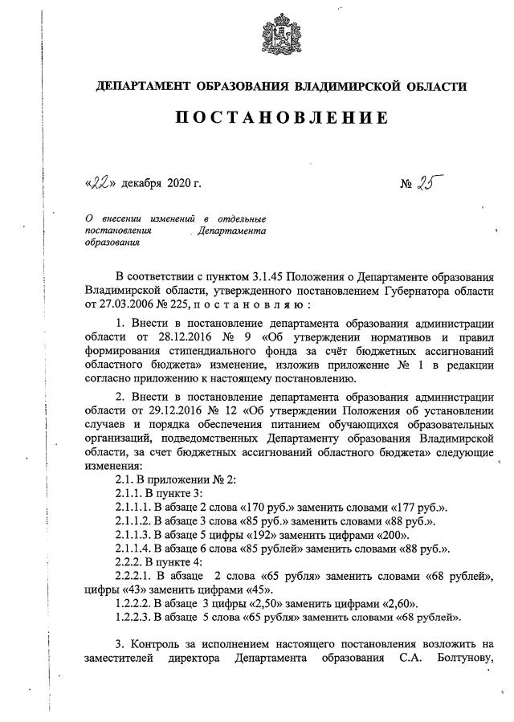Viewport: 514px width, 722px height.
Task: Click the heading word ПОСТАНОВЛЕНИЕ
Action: [x=281, y=119]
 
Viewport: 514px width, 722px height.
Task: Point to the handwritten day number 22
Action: [x=101, y=183]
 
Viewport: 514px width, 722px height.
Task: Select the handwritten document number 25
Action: [x=433, y=182]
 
